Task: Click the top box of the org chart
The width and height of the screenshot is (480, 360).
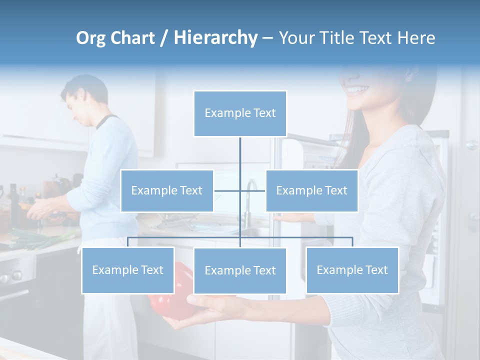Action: pyautogui.click(x=240, y=113)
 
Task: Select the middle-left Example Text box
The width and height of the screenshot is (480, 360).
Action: pyautogui.click(x=167, y=190)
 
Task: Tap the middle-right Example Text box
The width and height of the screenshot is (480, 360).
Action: pyautogui.click(x=311, y=190)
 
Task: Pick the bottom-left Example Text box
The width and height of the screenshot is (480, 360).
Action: pyautogui.click(x=128, y=270)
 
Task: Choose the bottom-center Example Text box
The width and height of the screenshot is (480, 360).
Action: pyautogui.click(x=240, y=270)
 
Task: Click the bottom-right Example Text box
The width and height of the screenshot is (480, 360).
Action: pyautogui.click(x=352, y=270)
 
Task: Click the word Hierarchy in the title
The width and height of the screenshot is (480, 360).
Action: pyautogui.click(x=215, y=38)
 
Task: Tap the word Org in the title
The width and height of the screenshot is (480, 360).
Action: pyautogui.click(x=91, y=38)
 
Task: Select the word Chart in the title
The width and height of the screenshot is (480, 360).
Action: pyautogui.click(x=132, y=38)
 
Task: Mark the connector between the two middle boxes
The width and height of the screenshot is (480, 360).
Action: pyautogui.click(x=239, y=190)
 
